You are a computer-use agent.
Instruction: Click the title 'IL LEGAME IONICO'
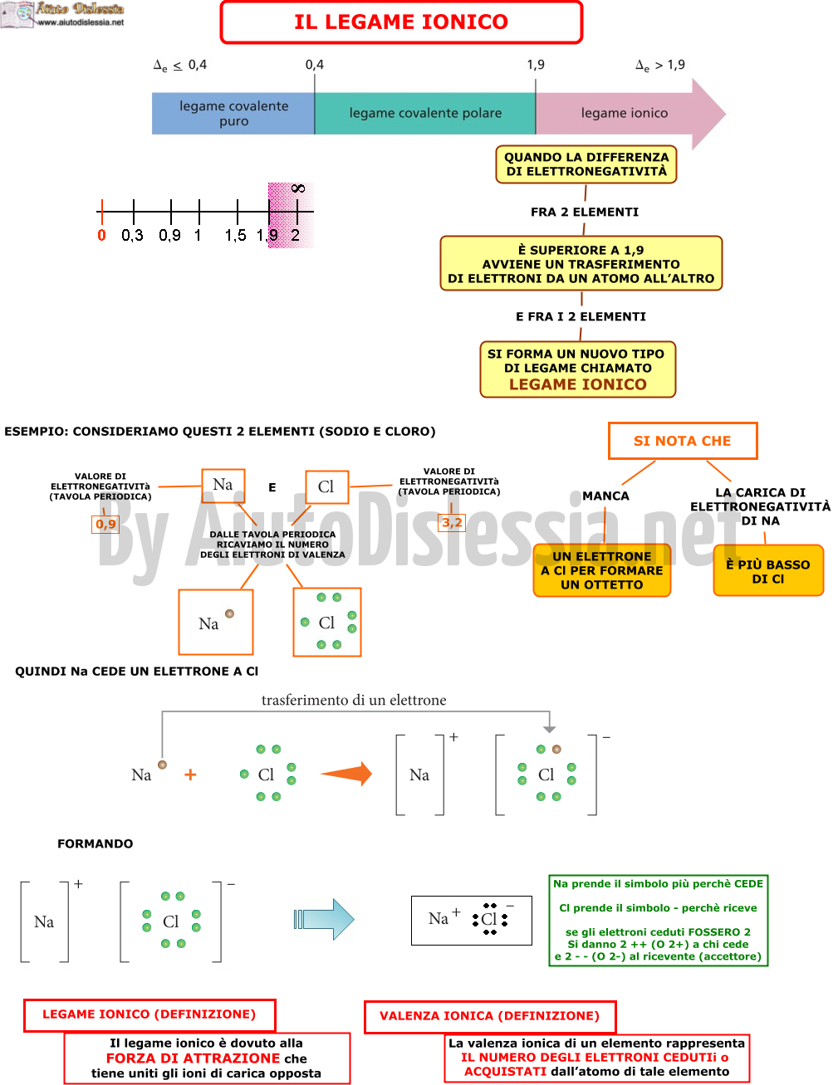click(x=400, y=22)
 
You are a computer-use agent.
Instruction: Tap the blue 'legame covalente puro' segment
click(x=233, y=114)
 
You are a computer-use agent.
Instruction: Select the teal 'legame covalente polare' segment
click(x=425, y=114)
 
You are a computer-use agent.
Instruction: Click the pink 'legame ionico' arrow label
click(x=625, y=114)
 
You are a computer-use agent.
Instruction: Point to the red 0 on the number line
click(x=102, y=235)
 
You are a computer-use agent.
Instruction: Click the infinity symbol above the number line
click(x=298, y=188)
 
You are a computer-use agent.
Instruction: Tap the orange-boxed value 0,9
click(x=105, y=524)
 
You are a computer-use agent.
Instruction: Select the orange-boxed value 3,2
click(x=452, y=523)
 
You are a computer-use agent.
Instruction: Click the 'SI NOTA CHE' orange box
click(x=683, y=441)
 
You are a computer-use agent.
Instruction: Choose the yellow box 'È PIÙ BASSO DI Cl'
click(x=768, y=570)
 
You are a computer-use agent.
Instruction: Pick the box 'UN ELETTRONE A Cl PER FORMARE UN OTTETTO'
click(x=602, y=570)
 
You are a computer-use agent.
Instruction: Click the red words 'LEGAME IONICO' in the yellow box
click(x=578, y=384)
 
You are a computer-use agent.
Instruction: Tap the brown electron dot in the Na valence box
click(x=230, y=613)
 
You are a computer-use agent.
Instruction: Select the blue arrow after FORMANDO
click(x=324, y=919)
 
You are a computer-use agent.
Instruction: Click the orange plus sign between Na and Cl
click(x=190, y=775)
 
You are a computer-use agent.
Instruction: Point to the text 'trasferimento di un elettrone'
click(x=354, y=700)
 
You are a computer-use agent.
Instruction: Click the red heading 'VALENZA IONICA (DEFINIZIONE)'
click(x=489, y=1015)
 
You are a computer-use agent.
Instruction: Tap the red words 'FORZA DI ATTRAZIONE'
click(x=193, y=1058)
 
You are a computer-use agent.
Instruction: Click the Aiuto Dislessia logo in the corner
click(x=62, y=14)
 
